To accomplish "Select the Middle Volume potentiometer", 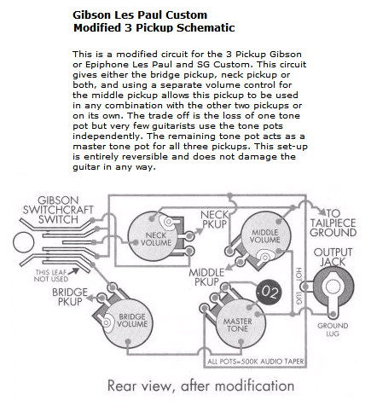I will click(263, 238).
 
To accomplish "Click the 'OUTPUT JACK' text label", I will click(333, 258).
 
